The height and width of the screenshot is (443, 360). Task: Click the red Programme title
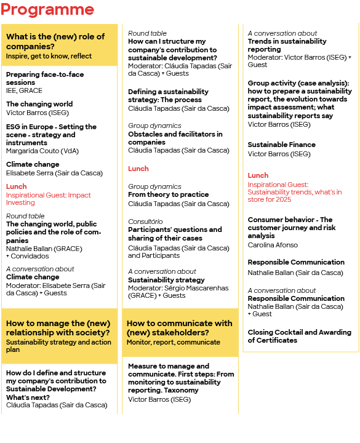(x=47, y=10)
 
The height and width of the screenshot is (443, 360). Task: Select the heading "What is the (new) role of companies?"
(x=55, y=41)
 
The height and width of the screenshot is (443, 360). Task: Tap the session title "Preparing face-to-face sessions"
(x=45, y=78)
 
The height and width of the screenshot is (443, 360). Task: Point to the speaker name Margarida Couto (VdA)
(x=42, y=151)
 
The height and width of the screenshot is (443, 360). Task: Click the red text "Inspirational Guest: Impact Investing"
(x=49, y=199)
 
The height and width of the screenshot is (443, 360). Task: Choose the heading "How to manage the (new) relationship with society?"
(x=58, y=328)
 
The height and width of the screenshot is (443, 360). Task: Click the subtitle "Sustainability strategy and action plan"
(x=58, y=346)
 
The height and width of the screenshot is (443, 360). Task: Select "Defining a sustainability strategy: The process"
(x=168, y=95)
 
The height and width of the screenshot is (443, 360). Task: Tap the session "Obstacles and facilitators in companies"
(x=175, y=138)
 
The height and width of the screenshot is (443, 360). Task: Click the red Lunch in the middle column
(x=138, y=169)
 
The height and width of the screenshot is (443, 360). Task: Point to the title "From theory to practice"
(x=160, y=194)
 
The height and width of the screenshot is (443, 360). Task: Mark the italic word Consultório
(x=145, y=221)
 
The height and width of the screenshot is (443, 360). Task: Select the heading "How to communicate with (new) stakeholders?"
(x=179, y=328)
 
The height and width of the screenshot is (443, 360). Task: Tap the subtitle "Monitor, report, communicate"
(x=173, y=342)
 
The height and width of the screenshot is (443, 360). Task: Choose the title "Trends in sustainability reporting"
(x=287, y=46)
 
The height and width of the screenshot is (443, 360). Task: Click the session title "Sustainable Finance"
(x=281, y=145)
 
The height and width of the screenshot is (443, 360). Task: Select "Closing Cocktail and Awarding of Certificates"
(x=299, y=336)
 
